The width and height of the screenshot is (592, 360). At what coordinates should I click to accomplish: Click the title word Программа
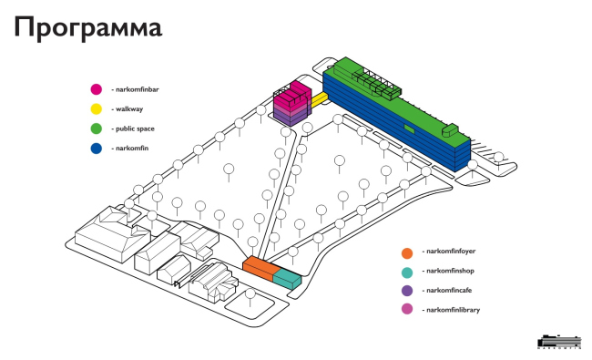88,28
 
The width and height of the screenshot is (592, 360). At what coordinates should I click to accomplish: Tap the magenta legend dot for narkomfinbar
97,89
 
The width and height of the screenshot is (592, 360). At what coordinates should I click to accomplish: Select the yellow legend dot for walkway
97,108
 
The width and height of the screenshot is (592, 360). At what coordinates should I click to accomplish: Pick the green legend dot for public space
97,129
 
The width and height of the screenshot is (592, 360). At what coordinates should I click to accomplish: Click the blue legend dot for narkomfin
97,148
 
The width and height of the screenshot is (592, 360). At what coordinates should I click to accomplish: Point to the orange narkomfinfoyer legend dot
407,253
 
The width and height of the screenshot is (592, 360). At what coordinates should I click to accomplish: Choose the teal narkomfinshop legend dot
407,273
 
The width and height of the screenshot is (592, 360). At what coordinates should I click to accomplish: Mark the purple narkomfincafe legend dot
407,291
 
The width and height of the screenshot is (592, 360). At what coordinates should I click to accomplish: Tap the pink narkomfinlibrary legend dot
407,309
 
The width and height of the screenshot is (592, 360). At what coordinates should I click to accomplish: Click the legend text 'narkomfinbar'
137,89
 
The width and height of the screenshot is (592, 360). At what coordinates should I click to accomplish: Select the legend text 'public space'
135,129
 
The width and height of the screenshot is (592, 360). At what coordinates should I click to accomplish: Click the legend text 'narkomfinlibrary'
453,310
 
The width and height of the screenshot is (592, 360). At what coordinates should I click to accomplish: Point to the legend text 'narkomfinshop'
450,271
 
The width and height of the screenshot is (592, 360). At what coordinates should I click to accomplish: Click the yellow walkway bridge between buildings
319,99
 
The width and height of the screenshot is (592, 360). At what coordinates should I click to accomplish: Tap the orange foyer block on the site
260,267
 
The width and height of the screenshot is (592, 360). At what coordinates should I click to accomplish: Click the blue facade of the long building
393,121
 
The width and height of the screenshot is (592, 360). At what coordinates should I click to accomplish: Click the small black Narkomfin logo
559,342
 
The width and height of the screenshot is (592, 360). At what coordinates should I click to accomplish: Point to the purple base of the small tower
291,117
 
